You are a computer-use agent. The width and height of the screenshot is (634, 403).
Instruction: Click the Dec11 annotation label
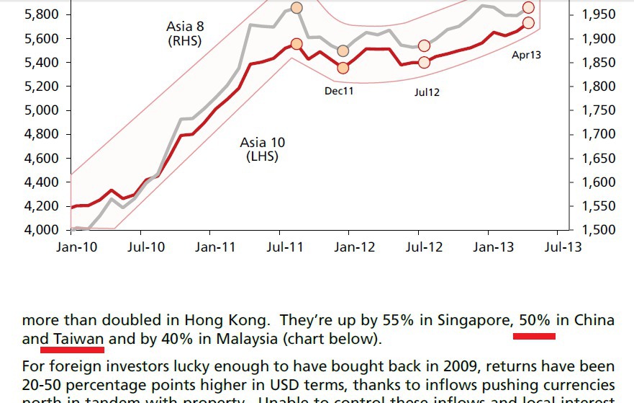tap(339, 91)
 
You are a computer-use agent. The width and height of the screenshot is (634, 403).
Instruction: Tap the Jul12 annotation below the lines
tap(427, 92)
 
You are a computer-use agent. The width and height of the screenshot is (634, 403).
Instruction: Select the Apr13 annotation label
tap(526, 55)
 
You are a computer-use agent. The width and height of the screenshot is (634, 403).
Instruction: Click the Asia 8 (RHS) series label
tap(184, 34)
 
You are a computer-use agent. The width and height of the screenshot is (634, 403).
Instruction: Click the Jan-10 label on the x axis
tap(77, 247)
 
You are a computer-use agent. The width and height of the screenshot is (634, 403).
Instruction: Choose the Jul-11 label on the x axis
tap(284, 247)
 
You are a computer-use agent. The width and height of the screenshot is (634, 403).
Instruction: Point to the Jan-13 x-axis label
tap(493, 247)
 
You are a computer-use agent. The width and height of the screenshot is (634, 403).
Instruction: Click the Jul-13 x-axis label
tap(562, 247)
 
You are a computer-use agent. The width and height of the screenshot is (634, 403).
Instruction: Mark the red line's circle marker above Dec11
tap(343, 68)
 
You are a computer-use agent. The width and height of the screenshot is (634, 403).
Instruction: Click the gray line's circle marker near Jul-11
tap(296, 8)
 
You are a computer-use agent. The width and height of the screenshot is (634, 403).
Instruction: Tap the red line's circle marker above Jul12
tap(424, 62)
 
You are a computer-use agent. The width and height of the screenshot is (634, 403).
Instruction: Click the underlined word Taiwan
tap(78, 339)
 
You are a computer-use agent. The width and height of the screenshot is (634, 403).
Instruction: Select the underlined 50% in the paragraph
tap(534, 320)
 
